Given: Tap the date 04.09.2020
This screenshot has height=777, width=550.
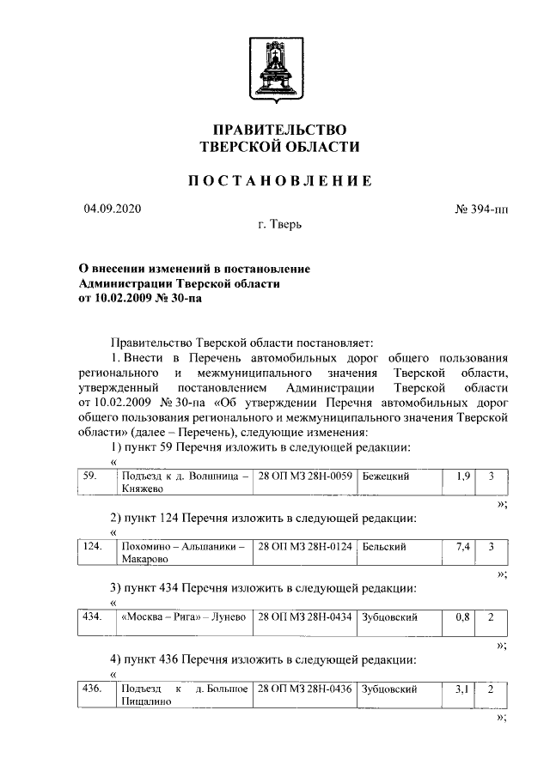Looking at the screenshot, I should (x=112, y=209).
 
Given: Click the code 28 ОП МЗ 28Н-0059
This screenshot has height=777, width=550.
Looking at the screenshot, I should (x=305, y=475).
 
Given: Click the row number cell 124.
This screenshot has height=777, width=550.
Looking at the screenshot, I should (x=91, y=546).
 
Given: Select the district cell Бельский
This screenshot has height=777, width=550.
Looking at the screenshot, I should (x=384, y=546).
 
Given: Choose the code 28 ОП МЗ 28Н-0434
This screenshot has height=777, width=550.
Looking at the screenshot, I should (x=305, y=617).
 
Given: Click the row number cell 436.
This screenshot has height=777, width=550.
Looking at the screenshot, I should (x=91, y=689).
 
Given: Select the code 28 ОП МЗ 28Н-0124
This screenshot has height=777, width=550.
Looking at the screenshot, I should (x=305, y=546).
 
